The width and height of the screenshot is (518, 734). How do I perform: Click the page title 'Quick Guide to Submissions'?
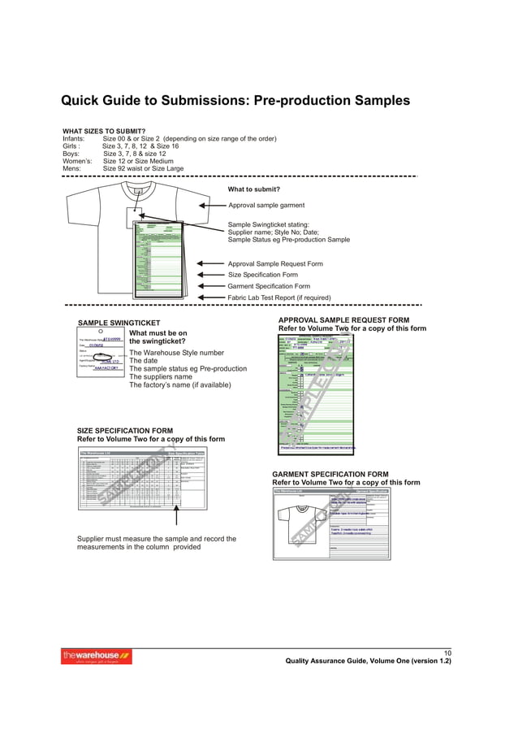235,102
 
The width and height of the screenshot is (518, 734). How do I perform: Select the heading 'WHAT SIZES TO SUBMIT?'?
104,131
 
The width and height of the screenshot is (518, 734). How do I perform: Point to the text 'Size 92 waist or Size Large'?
143,169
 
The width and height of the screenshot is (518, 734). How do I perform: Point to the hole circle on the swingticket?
99,332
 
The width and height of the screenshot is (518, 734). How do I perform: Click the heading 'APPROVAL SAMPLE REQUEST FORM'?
343,320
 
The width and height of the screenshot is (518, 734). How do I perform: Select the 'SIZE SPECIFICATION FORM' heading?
124,431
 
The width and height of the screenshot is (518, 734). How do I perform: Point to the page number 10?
446,653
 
